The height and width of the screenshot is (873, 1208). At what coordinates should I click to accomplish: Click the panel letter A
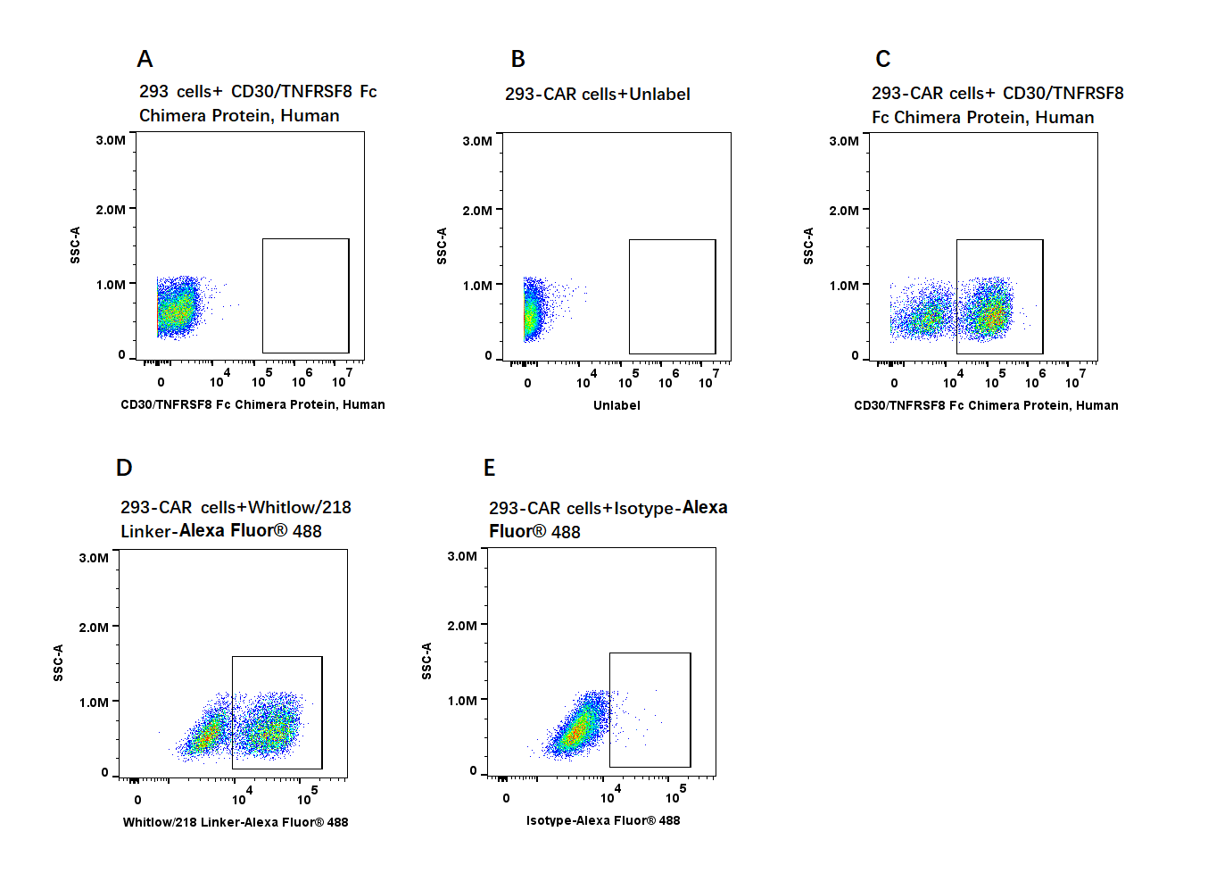[145, 59]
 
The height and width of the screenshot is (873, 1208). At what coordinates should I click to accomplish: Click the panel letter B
[517, 59]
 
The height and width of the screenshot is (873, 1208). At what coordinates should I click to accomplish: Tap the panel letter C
[882, 59]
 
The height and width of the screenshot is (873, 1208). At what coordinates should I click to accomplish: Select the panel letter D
[124, 468]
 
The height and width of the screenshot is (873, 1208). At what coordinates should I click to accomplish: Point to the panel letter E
[489, 468]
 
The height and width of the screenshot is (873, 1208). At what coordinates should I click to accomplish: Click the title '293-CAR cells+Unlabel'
[597, 94]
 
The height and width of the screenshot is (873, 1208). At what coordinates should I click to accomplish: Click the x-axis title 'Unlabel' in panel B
[616, 405]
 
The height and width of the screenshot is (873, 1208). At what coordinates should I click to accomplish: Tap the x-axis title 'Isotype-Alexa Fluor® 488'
[603, 820]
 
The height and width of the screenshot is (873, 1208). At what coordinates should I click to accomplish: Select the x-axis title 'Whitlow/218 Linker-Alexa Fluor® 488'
[236, 822]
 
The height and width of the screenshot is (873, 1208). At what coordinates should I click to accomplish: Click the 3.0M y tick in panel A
[111, 140]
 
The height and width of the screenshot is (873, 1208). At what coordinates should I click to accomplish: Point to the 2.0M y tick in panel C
[844, 211]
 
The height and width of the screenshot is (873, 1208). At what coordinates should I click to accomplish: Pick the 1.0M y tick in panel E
[462, 701]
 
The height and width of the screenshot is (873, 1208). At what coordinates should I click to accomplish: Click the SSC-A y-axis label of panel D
[58, 662]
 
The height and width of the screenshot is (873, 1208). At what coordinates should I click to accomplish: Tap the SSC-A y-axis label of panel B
[442, 245]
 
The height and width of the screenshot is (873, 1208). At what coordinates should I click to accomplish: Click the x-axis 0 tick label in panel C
[894, 383]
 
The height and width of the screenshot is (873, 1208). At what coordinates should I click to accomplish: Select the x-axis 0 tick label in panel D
[137, 800]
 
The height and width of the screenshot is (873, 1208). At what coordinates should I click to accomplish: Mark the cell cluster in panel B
[533, 312]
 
